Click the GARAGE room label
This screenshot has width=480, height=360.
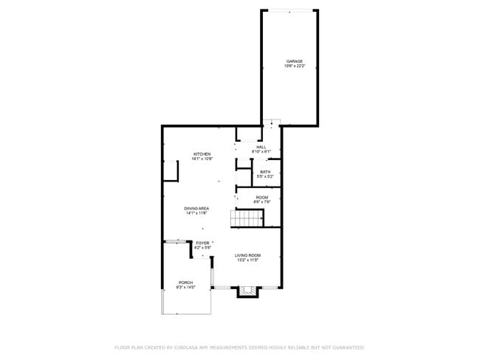pos(295,61)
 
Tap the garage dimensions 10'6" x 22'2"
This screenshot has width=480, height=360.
pos(295,66)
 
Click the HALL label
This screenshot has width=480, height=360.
pos(261,147)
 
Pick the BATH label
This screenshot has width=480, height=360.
pos(265,172)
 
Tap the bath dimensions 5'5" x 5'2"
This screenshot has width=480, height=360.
pos(265,176)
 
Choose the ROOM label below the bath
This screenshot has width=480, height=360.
pos(262,197)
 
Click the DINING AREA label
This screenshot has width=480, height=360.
pos(196,209)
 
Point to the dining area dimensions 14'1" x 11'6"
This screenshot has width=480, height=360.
pos(196,213)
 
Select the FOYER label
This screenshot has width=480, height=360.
pos(202,243)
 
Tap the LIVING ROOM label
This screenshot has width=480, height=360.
pos(248,255)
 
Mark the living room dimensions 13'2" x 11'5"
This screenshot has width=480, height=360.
pos(248,260)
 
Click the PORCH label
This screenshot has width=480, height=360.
pos(185,283)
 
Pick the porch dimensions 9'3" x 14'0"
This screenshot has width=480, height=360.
pos(185,287)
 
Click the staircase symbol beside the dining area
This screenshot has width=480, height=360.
pos(248,218)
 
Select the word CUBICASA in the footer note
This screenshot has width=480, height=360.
pos(186,347)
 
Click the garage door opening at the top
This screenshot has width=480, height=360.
pos(289,10)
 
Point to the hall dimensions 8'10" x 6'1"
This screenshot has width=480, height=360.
pos(261,151)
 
